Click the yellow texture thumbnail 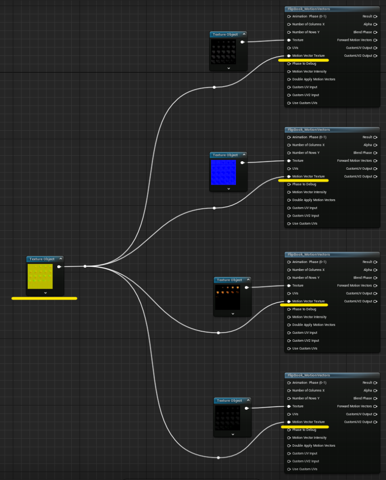tap(40, 277)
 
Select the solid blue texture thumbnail tap(223, 172)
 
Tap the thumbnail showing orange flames tap(227, 297)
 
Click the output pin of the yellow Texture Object tap(59, 267)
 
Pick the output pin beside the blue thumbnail tap(242, 163)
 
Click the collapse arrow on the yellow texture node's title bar tap(61, 259)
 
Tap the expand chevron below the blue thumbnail tap(228, 189)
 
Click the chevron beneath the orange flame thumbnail tap(233, 314)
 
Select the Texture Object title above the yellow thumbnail tap(42, 259)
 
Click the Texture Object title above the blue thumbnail tap(225, 155)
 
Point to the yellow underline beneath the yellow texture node tap(45, 298)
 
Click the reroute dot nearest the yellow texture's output tap(85, 266)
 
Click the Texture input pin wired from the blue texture tap(289, 161)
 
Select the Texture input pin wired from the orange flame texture tap(289, 285)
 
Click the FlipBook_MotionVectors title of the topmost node tap(309, 9)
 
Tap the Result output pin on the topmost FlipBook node tap(375, 16)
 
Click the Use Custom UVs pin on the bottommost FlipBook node tap(289, 469)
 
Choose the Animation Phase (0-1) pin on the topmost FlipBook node tap(289, 16)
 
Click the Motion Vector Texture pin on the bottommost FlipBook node tap(289, 422)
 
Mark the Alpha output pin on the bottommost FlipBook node tap(375, 390)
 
